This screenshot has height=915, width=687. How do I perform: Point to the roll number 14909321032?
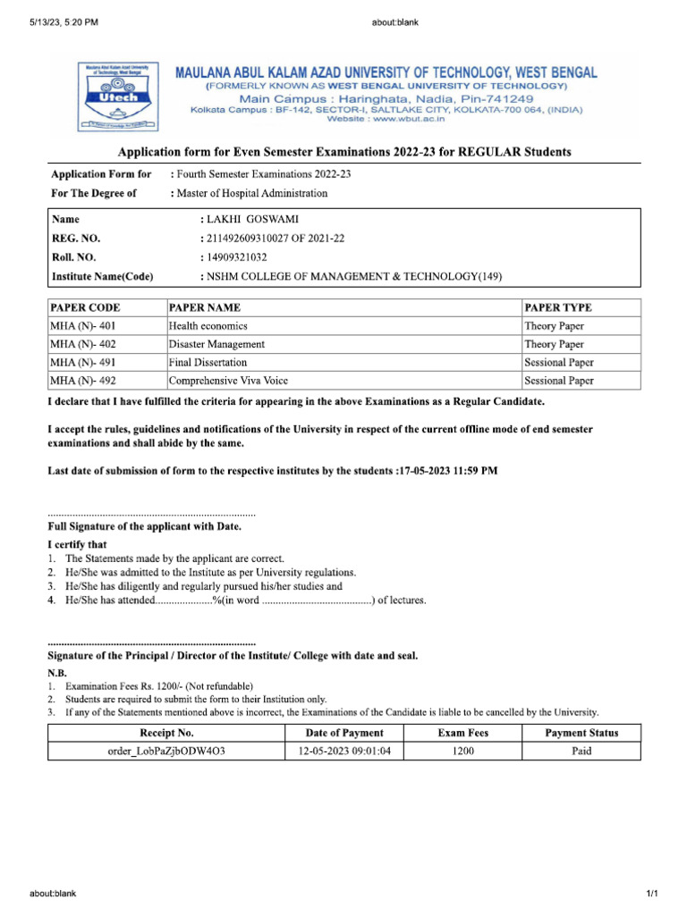237,257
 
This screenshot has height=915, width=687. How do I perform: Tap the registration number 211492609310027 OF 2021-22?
276,239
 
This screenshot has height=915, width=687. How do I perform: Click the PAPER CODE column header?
85,307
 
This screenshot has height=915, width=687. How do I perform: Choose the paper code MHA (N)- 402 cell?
83,344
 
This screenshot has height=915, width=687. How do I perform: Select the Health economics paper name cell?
208,326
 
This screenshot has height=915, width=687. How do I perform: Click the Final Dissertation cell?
208,363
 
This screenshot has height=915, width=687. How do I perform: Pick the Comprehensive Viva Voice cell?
228,381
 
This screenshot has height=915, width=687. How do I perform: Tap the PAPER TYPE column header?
557,307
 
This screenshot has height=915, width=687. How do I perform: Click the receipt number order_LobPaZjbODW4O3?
166,751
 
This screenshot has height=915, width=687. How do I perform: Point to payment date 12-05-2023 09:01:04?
344,751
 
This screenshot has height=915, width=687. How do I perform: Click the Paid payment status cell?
581,751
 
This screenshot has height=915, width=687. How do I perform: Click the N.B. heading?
57,672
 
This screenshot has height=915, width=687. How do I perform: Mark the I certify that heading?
77,544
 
